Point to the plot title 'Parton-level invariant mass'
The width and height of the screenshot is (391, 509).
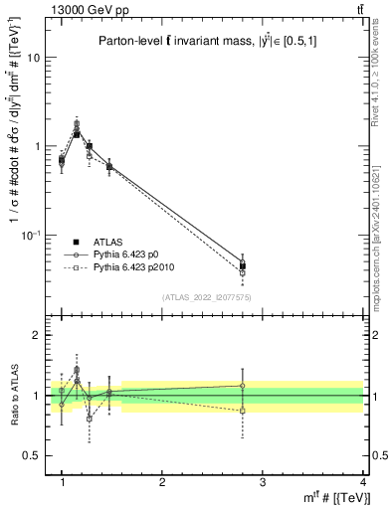[211, 41]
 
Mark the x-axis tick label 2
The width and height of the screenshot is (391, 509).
[162, 481]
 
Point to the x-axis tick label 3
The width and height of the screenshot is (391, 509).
[263, 481]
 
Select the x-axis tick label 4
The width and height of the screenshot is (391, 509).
[363, 481]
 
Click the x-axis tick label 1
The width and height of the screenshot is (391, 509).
[62, 481]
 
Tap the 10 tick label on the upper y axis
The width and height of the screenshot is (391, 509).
[33, 58]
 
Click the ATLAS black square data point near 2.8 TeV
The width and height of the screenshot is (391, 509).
[243, 266]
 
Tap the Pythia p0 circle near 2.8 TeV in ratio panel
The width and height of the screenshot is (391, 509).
[243, 386]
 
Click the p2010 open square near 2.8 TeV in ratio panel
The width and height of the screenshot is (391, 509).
[243, 411]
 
